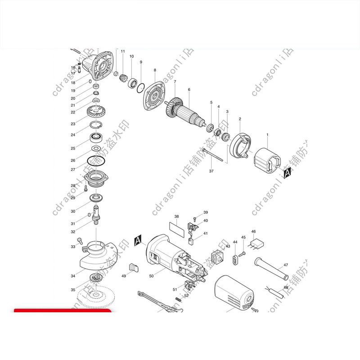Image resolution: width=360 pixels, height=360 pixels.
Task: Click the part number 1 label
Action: (267, 135)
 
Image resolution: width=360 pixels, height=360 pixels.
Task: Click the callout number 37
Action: (211, 171)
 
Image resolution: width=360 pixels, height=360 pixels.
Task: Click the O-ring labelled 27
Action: (95, 161)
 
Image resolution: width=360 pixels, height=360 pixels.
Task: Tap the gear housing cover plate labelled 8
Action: (154, 98)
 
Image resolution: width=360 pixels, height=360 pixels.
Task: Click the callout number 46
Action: (253, 231)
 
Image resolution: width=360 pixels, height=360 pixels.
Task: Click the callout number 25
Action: (73, 148)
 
